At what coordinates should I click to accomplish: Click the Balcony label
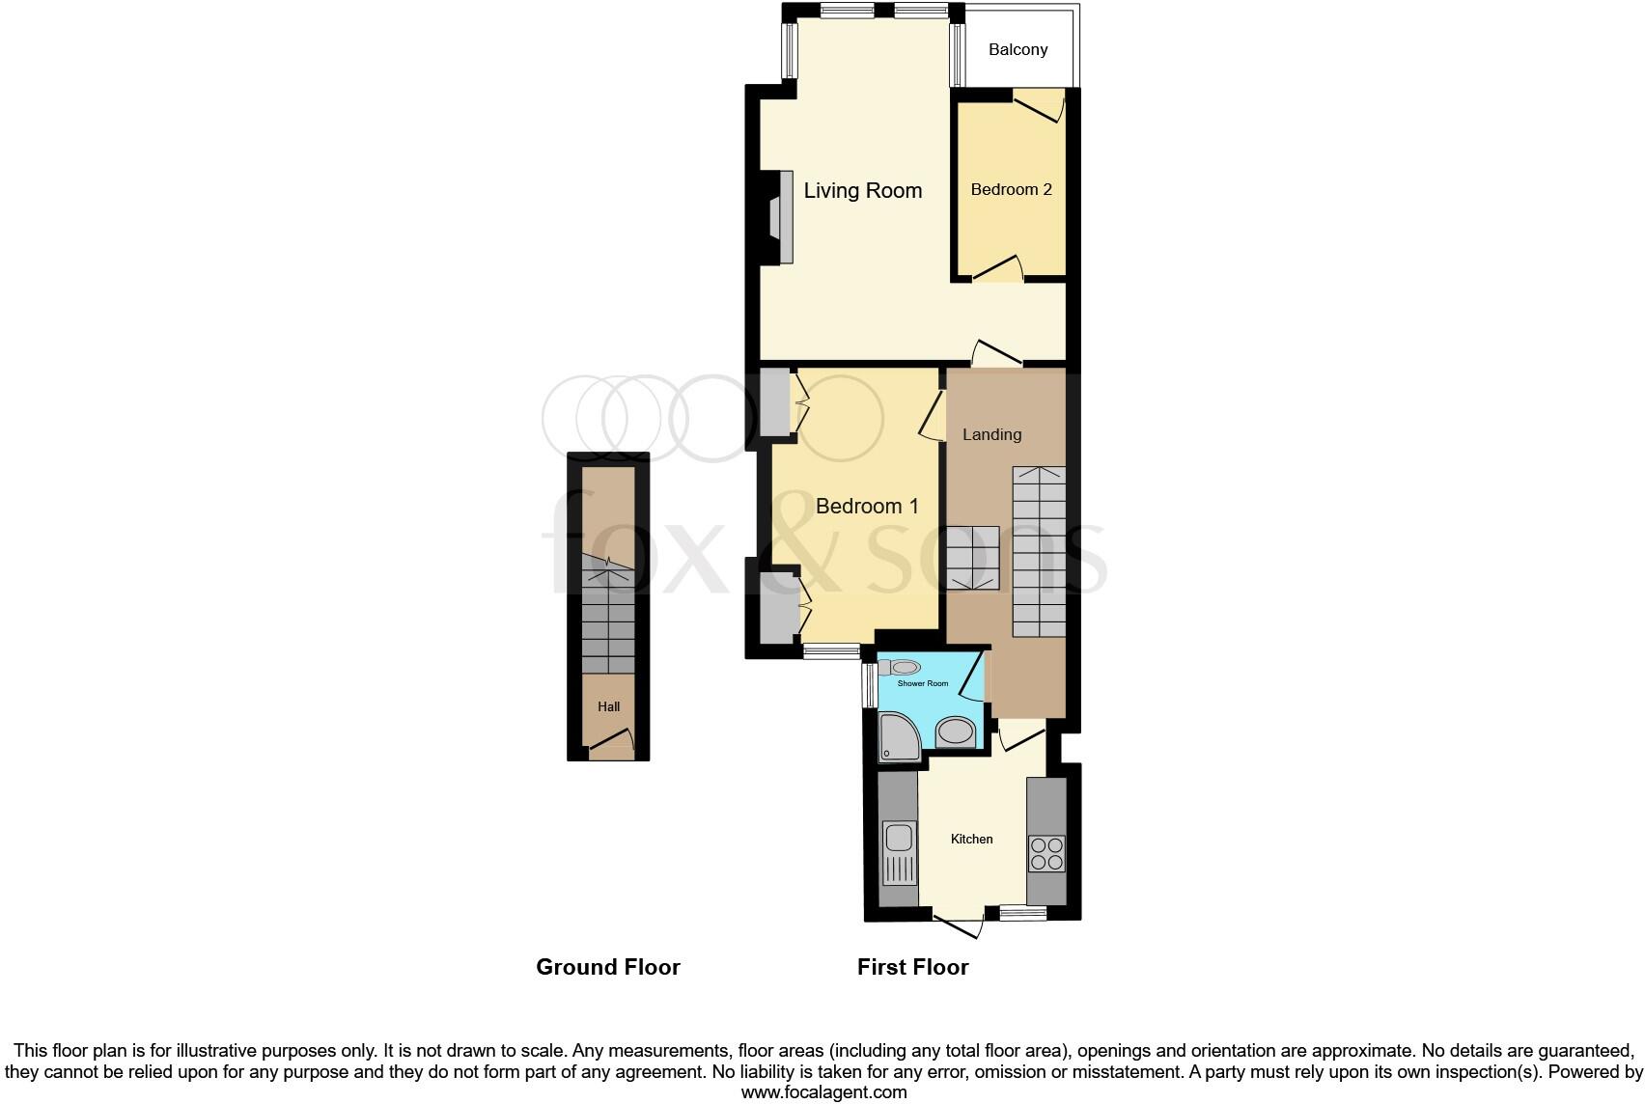click(x=1018, y=49)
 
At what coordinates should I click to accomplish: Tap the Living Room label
click(x=862, y=190)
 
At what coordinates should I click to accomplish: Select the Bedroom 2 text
click(x=1011, y=189)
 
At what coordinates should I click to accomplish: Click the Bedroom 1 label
click(x=866, y=506)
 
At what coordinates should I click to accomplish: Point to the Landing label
click(x=991, y=434)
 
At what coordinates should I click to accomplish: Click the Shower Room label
click(x=923, y=683)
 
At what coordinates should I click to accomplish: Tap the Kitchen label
click(x=971, y=839)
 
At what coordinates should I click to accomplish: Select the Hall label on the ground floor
click(x=608, y=706)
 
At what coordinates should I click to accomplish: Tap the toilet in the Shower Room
click(x=903, y=667)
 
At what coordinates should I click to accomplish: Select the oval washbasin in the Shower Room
click(x=956, y=732)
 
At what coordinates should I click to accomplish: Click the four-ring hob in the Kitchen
click(x=1046, y=853)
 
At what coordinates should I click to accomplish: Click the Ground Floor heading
click(x=607, y=967)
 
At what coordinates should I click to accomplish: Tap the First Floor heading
click(x=912, y=967)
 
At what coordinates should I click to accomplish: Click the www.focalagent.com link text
click(x=823, y=1092)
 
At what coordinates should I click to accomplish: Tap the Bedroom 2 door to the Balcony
click(x=1041, y=104)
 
